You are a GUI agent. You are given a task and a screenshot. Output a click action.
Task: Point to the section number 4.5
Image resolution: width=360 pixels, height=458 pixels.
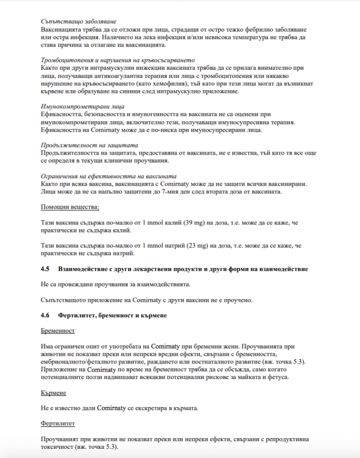[45, 268]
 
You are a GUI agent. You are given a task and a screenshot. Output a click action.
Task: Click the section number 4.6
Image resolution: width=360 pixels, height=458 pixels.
[45, 315]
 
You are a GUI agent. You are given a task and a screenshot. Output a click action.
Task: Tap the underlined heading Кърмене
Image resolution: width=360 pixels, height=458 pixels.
[54, 393]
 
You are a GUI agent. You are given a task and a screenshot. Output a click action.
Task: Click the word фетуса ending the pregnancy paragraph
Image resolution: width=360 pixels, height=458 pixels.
[277, 377]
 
